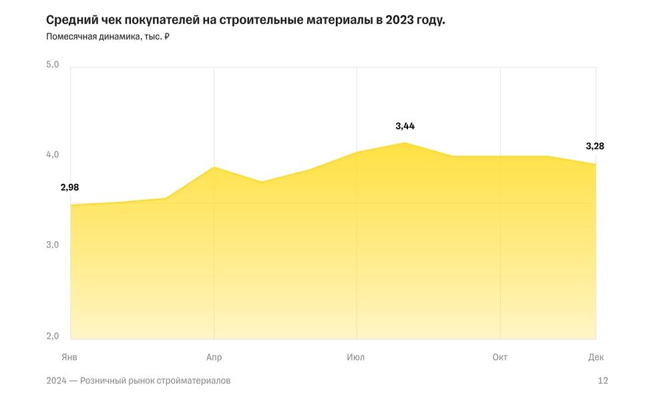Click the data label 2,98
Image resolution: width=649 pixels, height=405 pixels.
click(x=69, y=188)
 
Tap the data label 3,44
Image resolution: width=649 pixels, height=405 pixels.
click(x=405, y=126)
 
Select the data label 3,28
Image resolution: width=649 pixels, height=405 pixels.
click(x=594, y=146)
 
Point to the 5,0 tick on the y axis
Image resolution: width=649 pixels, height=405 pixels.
click(x=53, y=65)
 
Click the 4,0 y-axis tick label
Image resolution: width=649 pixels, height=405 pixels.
click(x=53, y=155)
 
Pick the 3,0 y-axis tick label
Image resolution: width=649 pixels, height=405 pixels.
click(x=53, y=245)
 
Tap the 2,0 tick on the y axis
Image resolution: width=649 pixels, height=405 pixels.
click(x=53, y=336)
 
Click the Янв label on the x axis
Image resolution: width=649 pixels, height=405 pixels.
click(x=69, y=358)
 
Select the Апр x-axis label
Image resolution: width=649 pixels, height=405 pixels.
click(x=214, y=358)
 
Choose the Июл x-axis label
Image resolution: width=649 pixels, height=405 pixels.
click(x=356, y=358)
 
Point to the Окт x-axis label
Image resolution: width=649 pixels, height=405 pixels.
click(x=499, y=358)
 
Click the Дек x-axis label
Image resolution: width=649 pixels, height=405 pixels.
click(x=596, y=358)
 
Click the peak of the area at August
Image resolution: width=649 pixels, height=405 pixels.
click(x=405, y=143)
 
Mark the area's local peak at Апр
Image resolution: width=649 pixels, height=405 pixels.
click(x=214, y=167)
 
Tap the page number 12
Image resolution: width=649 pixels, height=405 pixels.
click(x=602, y=381)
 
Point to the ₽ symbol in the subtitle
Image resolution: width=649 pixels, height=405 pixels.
click(x=166, y=37)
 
